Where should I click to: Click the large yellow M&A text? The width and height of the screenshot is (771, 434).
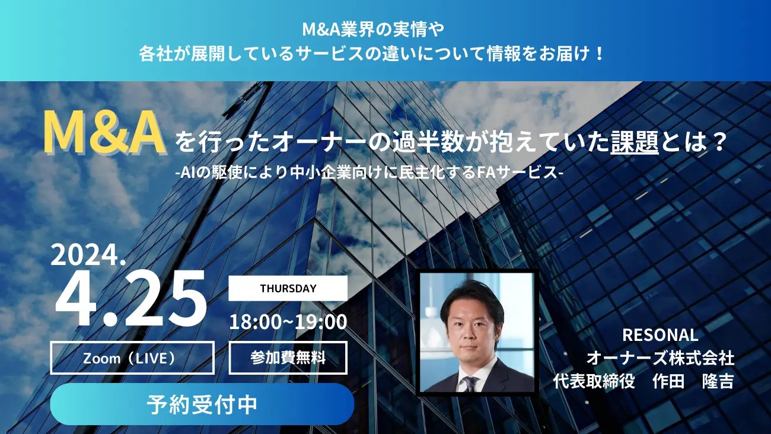104,133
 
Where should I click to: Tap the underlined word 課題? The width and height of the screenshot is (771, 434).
635,142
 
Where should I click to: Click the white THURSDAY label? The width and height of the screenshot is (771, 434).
288,288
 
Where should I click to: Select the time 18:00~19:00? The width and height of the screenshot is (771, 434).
288,322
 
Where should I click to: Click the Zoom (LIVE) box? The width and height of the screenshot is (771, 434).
132,358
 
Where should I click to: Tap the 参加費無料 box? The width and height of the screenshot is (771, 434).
288,358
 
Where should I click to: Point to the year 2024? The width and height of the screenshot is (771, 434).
88,255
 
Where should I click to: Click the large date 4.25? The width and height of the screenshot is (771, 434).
130,298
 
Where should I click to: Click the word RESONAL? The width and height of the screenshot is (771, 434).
660,335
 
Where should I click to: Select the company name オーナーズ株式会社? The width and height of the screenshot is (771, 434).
660,358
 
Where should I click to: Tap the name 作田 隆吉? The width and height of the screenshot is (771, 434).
693,381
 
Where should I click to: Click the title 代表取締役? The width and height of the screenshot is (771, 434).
594,381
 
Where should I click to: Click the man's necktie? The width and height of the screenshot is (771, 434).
470,384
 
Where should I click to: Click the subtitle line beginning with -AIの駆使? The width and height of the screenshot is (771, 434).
369,173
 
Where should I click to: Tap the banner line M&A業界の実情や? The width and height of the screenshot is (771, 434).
373,30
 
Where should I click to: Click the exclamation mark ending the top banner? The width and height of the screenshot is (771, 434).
599,55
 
